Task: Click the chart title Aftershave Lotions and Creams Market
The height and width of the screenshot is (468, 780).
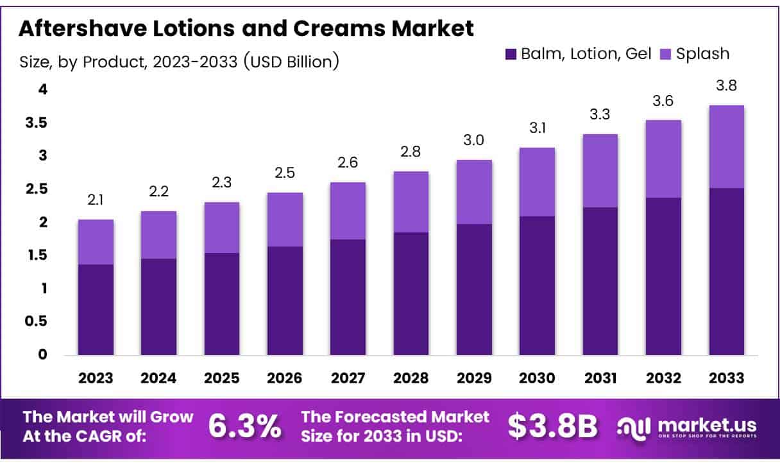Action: coord(246,28)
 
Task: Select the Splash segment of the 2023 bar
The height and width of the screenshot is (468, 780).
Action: coord(96,242)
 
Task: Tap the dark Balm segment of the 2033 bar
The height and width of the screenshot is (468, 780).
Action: coord(726,271)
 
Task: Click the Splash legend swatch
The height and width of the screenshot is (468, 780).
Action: coord(666,55)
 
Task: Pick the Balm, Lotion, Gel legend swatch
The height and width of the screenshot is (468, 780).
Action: coord(511,55)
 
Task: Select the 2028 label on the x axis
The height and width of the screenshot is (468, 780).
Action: coord(411,378)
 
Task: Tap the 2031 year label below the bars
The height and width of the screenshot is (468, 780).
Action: coord(600,378)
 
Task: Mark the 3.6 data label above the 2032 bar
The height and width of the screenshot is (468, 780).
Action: coord(663,101)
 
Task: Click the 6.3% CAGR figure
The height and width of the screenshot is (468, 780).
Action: coord(245,426)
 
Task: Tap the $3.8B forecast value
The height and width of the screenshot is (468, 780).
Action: coord(553,426)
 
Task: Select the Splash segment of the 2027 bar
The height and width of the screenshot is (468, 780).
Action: coord(348,211)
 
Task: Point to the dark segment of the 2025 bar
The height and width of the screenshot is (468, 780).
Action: coord(221,304)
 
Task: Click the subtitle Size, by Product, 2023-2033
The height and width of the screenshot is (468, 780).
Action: coord(179,62)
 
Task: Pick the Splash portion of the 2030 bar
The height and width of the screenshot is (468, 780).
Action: coord(537,182)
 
